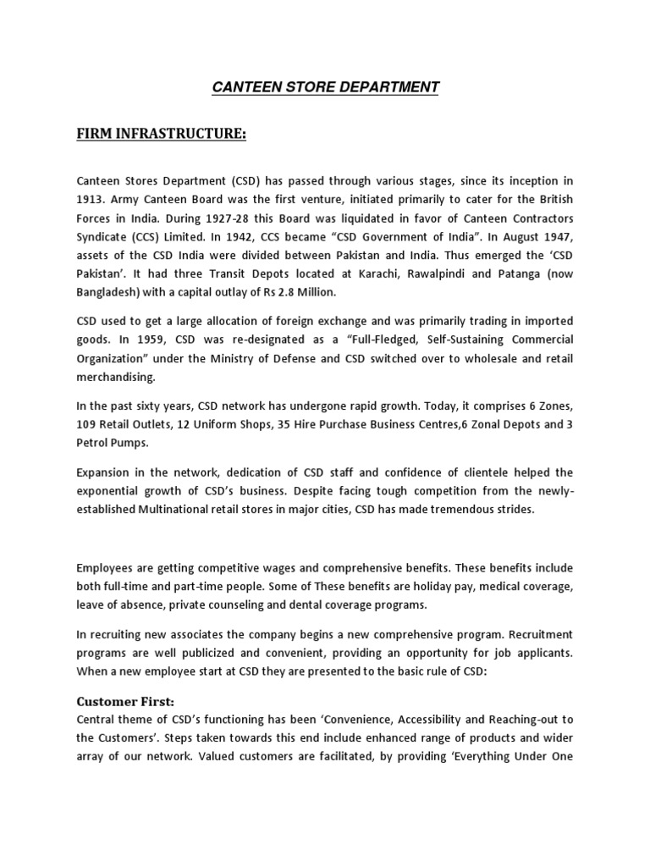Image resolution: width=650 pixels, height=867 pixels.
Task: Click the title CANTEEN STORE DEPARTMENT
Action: tap(325, 86)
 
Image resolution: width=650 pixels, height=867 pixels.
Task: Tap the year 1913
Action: tap(91, 200)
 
